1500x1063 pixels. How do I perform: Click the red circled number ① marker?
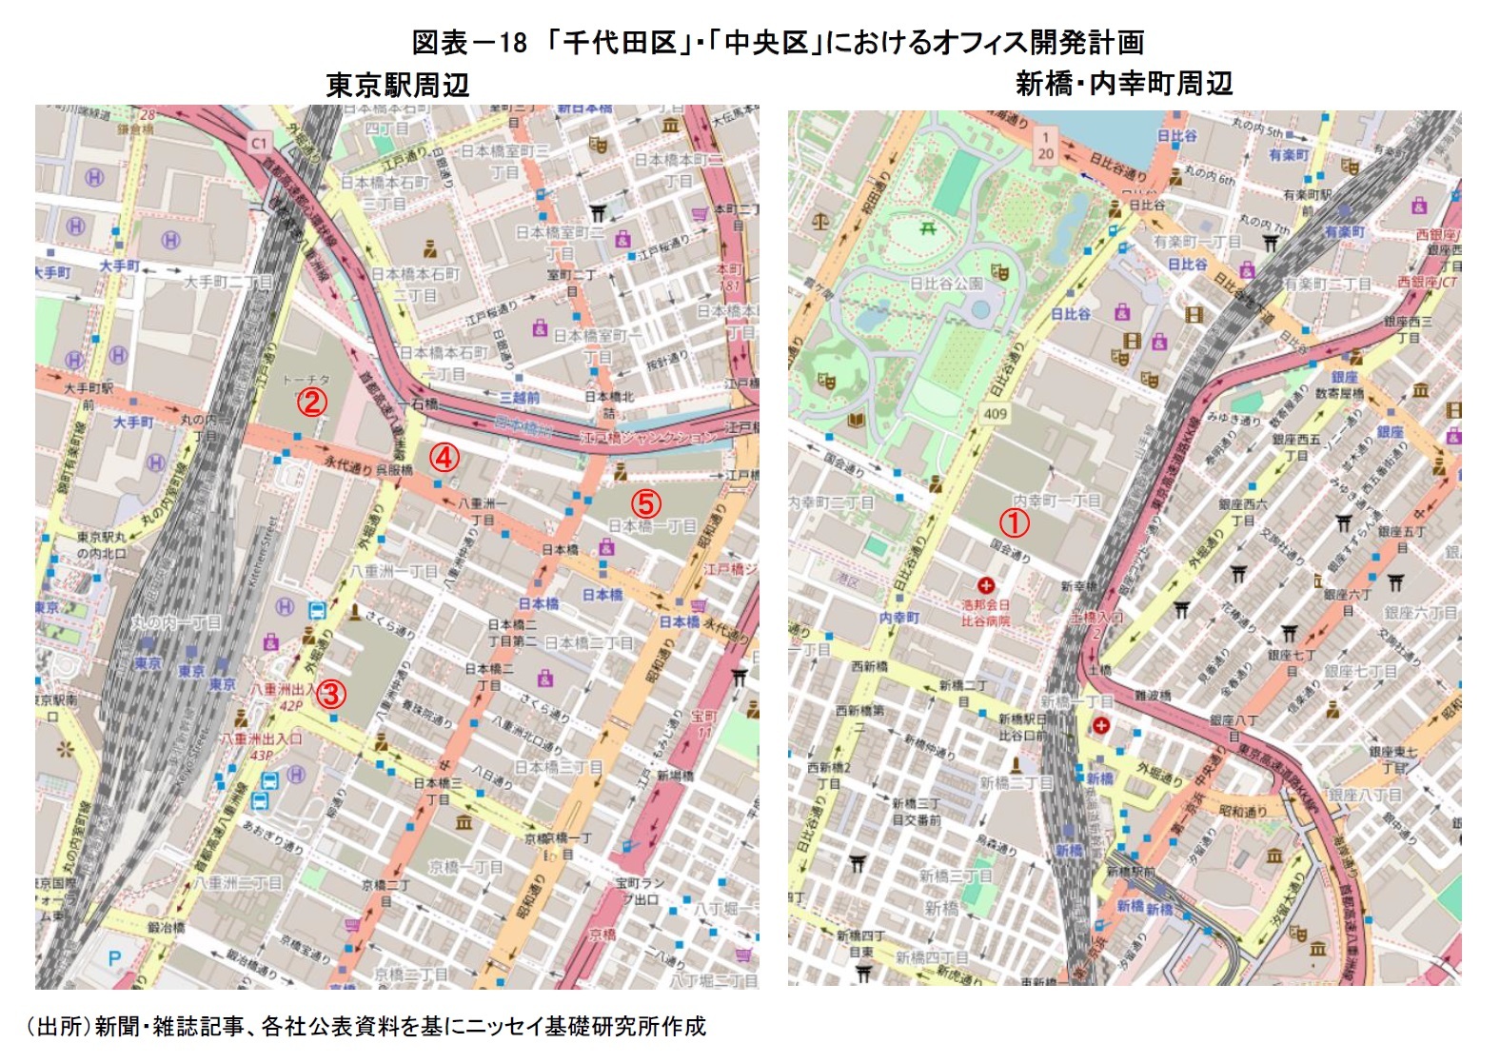tap(1014, 522)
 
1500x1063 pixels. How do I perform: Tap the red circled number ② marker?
tap(312, 402)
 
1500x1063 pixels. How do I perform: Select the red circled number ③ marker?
tap(330, 694)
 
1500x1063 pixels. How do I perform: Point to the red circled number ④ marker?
tap(444, 457)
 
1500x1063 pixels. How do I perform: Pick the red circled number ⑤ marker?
tap(645, 502)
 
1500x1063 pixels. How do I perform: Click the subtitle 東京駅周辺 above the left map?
tap(397, 85)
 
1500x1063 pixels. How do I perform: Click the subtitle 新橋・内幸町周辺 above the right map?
tap(1123, 84)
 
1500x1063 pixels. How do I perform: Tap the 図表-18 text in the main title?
tap(468, 43)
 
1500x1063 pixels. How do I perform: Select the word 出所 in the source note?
tap(59, 1026)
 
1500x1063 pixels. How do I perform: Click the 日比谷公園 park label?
tap(945, 284)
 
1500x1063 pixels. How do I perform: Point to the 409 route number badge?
tap(995, 414)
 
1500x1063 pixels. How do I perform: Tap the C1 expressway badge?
tap(259, 143)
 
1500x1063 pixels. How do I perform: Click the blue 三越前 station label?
tap(520, 398)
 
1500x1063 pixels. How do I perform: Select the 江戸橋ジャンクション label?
tap(647, 437)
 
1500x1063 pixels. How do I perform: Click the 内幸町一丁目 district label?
tap(1056, 501)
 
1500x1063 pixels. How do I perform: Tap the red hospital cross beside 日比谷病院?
tap(986, 585)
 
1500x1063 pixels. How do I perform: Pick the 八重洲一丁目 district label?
tap(393, 572)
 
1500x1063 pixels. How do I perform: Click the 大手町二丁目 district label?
tap(227, 283)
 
